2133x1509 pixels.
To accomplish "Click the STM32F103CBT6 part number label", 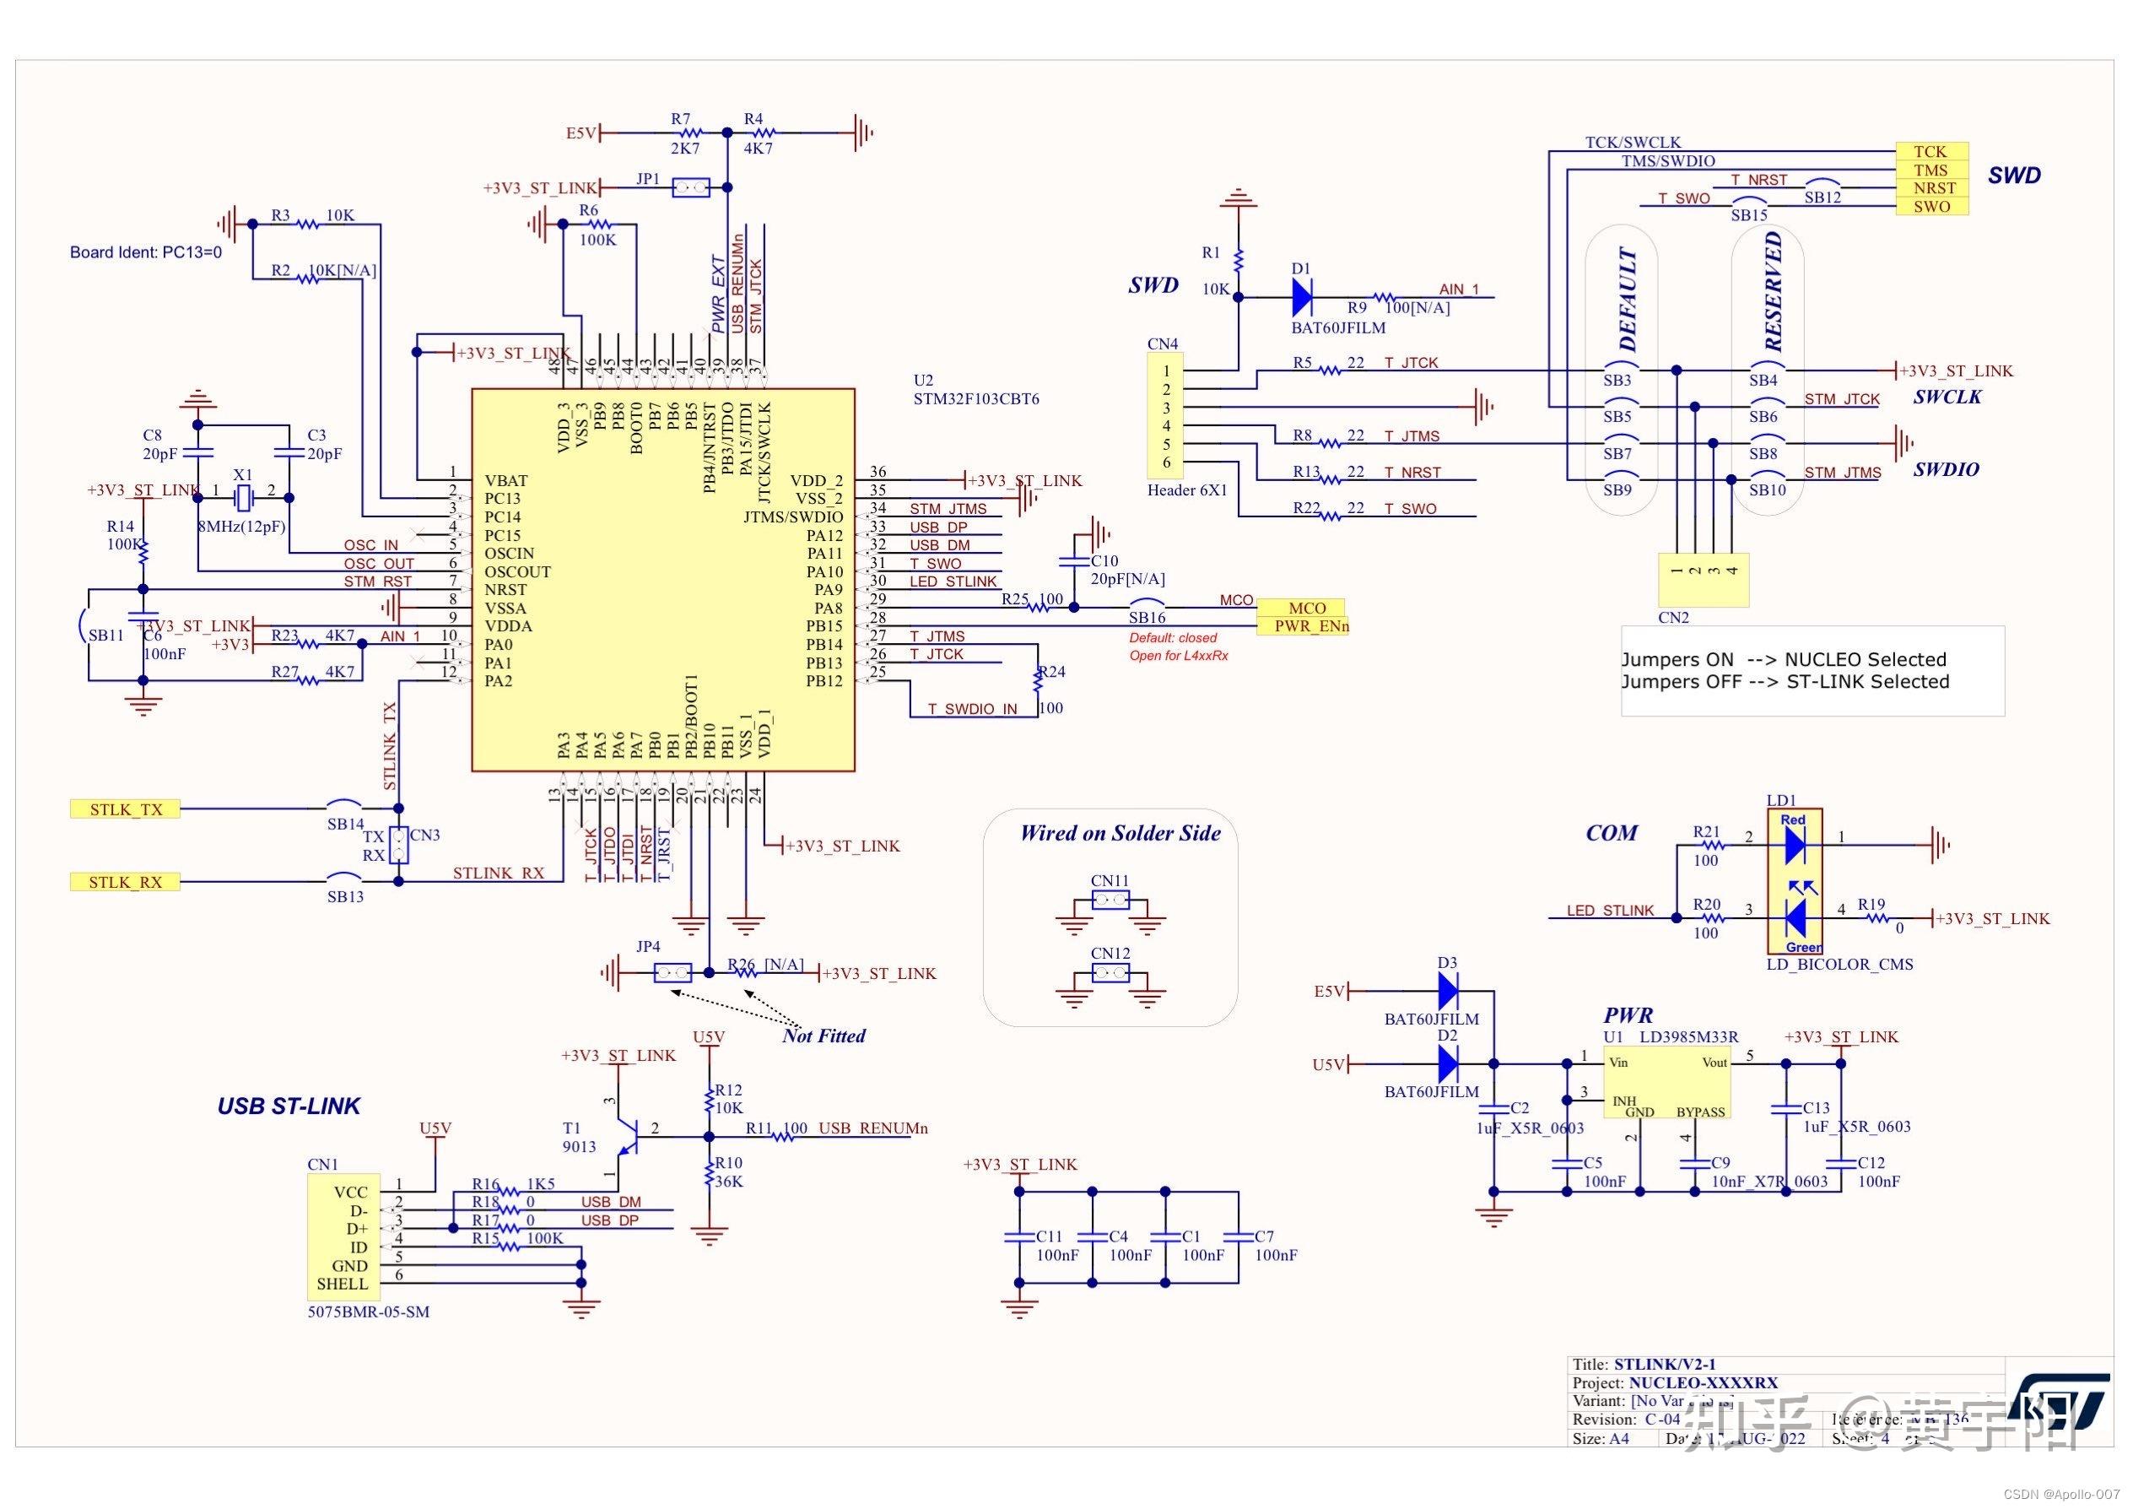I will click(x=975, y=399).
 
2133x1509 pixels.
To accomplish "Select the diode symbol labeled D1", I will click(x=1302, y=297).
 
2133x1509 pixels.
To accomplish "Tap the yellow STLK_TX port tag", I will click(x=126, y=809).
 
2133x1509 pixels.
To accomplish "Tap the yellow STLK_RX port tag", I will click(x=126, y=882).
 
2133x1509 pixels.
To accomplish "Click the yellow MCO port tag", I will click(x=1306, y=608).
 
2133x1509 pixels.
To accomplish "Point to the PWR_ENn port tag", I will click(x=1309, y=626).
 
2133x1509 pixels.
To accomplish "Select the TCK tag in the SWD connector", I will click(x=1930, y=151).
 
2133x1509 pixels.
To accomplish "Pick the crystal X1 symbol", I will click(x=242, y=499).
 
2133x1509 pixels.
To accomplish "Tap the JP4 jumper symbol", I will click(x=672, y=974).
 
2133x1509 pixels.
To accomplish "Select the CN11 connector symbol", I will click(x=1110, y=900).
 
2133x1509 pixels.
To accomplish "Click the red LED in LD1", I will click(x=1794, y=845).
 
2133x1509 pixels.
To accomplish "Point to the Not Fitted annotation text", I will click(x=823, y=1036).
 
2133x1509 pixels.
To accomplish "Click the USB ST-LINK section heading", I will click(x=288, y=1106).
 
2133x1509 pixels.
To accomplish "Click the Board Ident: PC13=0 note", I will click(x=146, y=252).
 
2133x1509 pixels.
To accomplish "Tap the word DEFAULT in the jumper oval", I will click(x=1628, y=300).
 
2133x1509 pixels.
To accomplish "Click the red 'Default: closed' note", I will click(x=1173, y=638).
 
